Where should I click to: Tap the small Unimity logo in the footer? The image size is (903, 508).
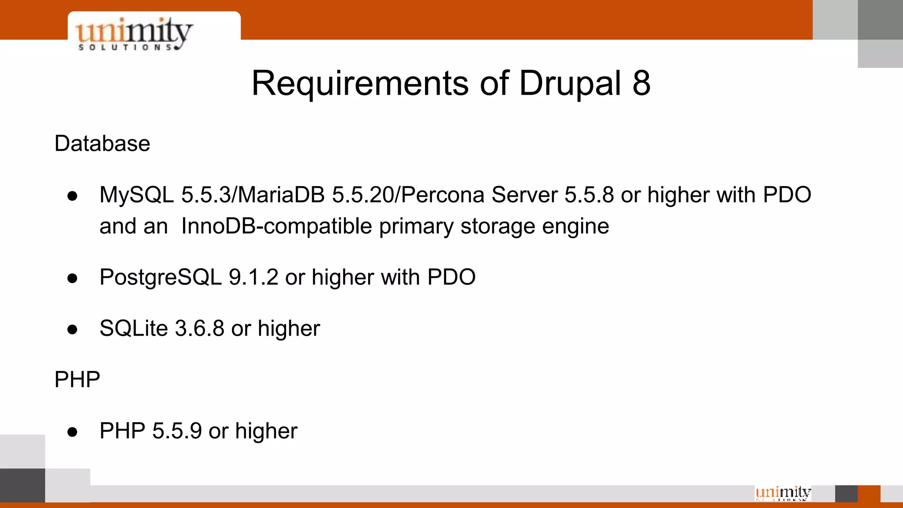coord(783,493)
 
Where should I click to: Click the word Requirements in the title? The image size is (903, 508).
coord(360,83)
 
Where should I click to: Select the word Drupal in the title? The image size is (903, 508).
coord(570,83)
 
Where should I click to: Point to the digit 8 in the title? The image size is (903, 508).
coord(641,83)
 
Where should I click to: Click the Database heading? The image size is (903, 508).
coord(102,144)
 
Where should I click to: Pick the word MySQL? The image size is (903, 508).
coord(137,195)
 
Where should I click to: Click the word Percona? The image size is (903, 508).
coord(442,195)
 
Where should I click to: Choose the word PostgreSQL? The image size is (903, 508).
coord(160,277)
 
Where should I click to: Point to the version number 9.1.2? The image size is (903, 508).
coord(253,277)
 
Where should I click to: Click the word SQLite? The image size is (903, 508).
coord(134,329)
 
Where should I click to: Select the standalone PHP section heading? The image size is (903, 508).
coord(77,380)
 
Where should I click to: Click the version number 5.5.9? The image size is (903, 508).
coord(177,431)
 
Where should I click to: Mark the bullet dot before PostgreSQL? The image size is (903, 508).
coord(73,278)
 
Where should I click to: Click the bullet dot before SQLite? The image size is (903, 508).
coord(73,329)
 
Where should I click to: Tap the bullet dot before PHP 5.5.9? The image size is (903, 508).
coord(73,432)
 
